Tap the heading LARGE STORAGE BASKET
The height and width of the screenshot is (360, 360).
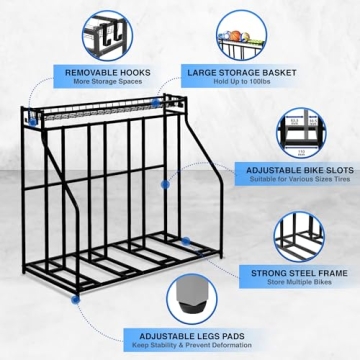tap(236, 72)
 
